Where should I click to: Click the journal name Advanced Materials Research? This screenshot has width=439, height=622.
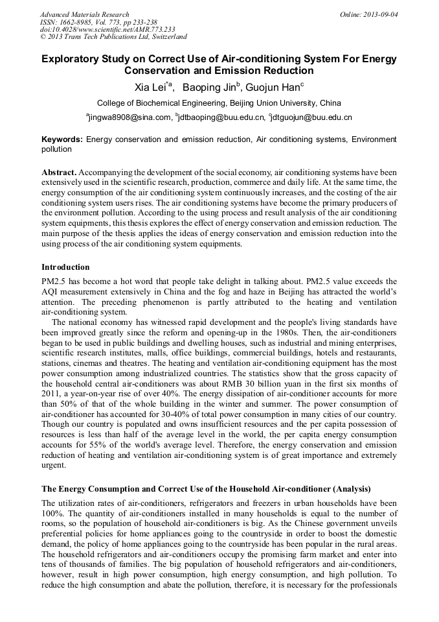pyautogui.click(x=84, y=14)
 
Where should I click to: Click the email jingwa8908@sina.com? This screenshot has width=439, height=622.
pyautogui.click(x=130, y=118)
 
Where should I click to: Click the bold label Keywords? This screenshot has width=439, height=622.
pyautogui.click(x=62, y=139)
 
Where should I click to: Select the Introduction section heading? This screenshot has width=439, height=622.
pyautogui.click(x=65, y=267)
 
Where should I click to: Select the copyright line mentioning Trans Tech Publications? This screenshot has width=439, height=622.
pyautogui.click(x=113, y=38)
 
